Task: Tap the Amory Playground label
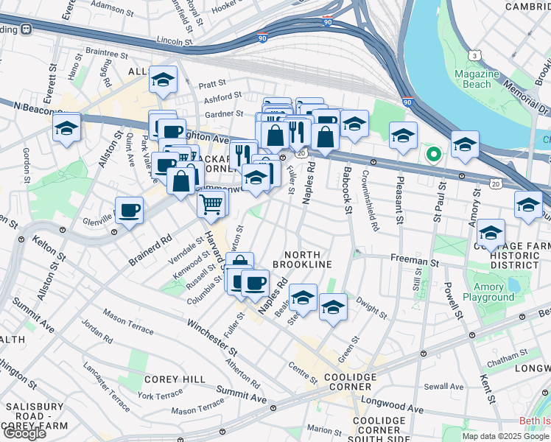(x=488, y=292)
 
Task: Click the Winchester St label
(x=211, y=334)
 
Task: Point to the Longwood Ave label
(x=397, y=409)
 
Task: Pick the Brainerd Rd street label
(x=150, y=249)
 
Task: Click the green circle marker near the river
(x=434, y=155)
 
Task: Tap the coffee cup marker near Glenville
(x=129, y=211)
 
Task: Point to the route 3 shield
(x=476, y=56)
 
